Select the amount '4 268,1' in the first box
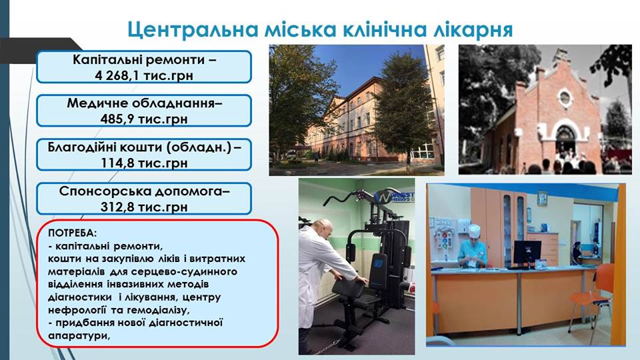point(115,75)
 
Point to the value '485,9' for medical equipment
point(115,119)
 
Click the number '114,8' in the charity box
point(116,163)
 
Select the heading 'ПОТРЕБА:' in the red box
point(73,233)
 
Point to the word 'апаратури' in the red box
point(79,336)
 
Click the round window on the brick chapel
point(565,98)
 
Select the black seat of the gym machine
point(348,289)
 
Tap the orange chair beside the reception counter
point(596,295)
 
